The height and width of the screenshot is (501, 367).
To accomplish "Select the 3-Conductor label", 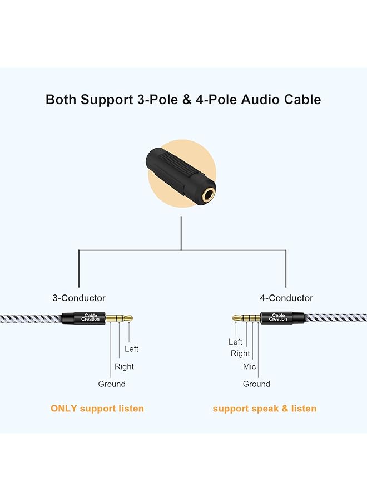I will tap(79, 298).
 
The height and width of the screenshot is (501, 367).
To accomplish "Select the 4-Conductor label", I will tap(286, 298).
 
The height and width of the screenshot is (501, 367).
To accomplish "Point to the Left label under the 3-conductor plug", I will tap(132, 349).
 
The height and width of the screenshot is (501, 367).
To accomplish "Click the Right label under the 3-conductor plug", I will tap(124, 366).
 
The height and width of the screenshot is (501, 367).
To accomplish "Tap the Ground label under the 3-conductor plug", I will tap(112, 384).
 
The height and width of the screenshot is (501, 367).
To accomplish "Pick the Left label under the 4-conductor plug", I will tap(236, 342).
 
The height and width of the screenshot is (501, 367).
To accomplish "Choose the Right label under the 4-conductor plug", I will tap(241, 353).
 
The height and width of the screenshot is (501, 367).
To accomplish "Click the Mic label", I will tap(250, 367).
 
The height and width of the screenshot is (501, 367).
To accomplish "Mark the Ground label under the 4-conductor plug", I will tap(256, 384).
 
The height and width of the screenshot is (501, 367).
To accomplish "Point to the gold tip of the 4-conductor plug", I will tap(236, 318).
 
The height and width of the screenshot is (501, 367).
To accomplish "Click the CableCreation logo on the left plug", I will tap(91, 318).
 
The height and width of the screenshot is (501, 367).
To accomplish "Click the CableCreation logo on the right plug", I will tap(278, 318).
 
